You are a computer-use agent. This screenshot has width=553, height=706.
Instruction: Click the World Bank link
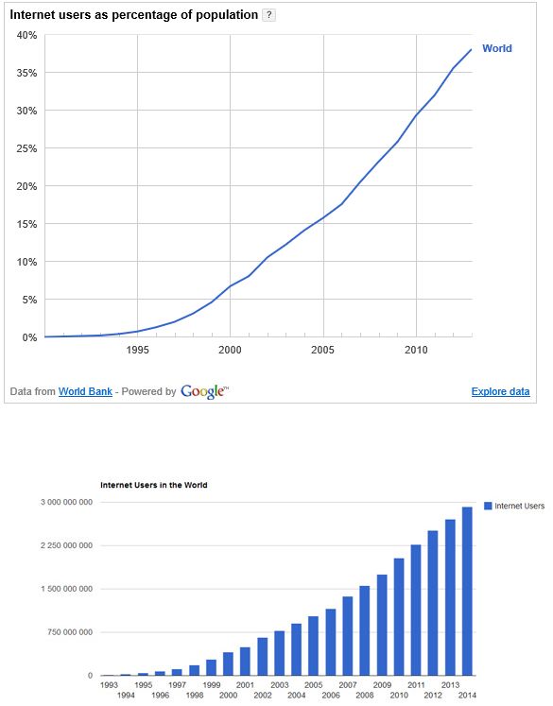[x=85, y=391]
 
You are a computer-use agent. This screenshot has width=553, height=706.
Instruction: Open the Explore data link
[x=500, y=391]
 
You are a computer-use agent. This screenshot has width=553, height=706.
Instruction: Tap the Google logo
[x=204, y=391]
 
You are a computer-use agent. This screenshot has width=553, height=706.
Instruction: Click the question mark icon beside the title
[x=268, y=15]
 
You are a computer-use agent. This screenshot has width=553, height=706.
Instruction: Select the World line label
[x=497, y=48]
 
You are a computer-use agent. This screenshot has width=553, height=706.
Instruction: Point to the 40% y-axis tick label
[x=26, y=35]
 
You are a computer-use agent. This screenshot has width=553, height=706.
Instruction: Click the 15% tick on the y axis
[x=26, y=224]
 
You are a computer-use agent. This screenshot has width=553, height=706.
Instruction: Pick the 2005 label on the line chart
[x=323, y=350]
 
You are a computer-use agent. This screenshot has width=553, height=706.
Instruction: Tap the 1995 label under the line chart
[x=137, y=350]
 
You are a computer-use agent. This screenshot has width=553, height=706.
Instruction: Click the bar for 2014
[x=467, y=592]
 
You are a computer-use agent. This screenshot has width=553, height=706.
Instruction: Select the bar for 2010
[x=399, y=617]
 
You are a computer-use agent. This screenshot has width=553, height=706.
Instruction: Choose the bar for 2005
[x=314, y=646]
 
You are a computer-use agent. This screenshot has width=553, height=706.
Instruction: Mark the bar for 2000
[x=229, y=663]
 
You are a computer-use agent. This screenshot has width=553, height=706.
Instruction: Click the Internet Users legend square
[x=488, y=506]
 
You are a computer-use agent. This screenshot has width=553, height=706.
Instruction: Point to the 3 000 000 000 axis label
[x=67, y=502]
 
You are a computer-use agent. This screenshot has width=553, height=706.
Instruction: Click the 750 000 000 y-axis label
[x=70, y=632]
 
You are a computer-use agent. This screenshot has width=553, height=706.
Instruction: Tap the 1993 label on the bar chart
[x=109, y=685]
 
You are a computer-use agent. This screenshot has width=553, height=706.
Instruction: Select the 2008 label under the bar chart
[x=365, y=696]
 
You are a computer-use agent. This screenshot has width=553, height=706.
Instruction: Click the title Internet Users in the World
[x=153, y=485]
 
